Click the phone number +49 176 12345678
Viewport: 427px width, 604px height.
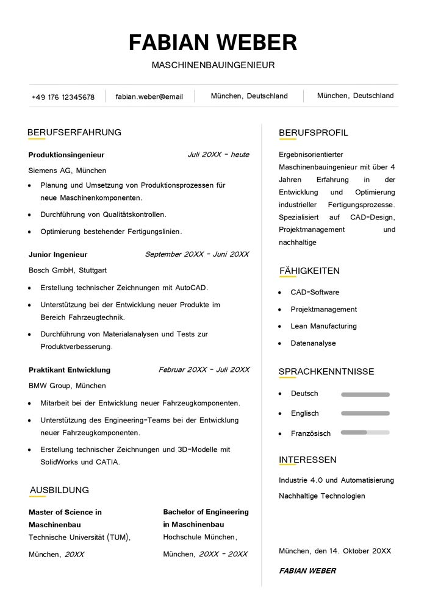pos(63,97)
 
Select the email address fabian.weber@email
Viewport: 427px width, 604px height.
pos(149,96)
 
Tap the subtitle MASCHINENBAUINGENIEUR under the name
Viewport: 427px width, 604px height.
pos(213,65)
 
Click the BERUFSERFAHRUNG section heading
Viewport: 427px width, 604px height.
pos(74,132)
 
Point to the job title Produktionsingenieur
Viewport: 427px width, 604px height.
pos(66,155)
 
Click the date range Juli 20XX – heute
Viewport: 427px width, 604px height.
pos(218,155)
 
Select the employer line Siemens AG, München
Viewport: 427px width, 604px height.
pos(67,171)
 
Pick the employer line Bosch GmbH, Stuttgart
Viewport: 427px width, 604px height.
pos(68,270)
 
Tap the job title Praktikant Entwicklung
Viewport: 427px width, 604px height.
pos(70,370)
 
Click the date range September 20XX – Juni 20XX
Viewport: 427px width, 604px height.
pos(197,254)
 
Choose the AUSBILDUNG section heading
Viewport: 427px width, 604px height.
pos(59,490)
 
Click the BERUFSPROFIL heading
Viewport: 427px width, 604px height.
pos(314,133)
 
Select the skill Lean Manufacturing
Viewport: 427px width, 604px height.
pos(323,326)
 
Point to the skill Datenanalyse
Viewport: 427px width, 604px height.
pos(313,343)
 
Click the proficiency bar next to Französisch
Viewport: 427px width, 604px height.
pos(365,433)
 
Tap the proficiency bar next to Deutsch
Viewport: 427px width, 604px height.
pos(365,394)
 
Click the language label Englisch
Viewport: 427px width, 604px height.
pos(304,413)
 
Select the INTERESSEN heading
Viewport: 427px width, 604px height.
pos(307,460)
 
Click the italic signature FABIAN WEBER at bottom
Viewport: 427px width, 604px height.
pos(307,571)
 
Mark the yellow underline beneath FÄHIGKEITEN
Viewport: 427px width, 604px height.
pos(287,277)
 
